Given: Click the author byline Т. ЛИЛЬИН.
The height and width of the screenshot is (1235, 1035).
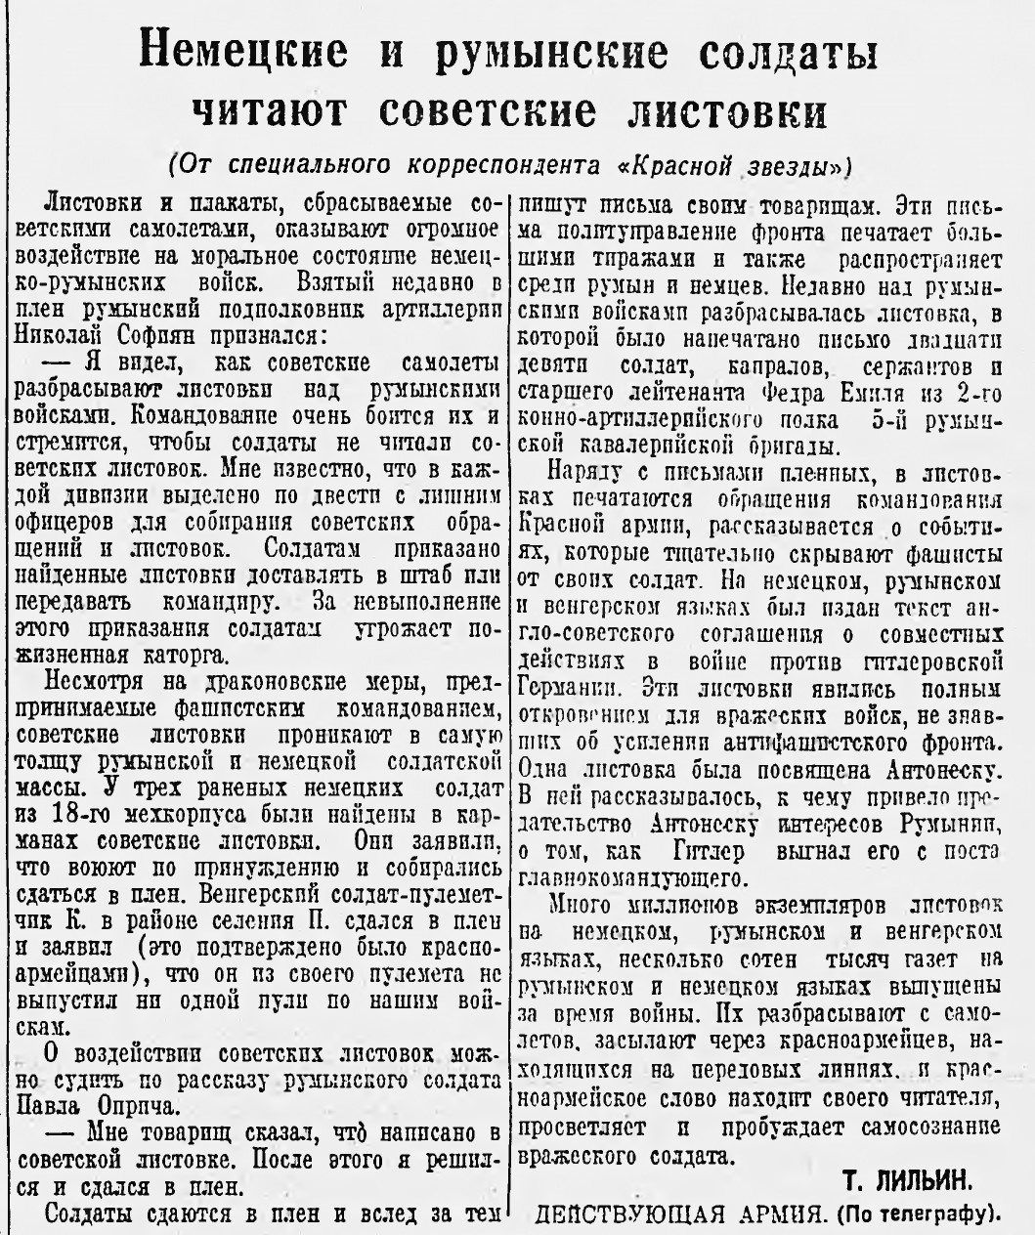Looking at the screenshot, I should click(907, 1181).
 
